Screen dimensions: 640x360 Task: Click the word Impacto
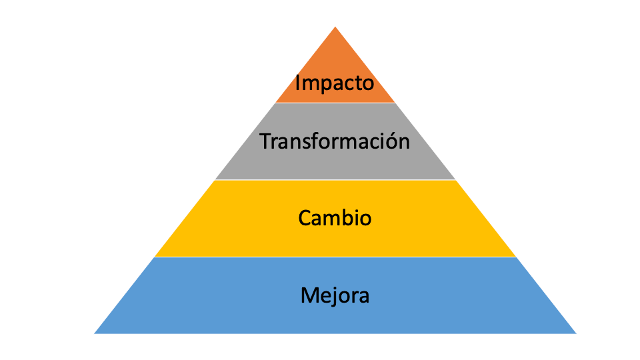[334, 83]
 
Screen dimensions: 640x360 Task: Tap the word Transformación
[335, 141]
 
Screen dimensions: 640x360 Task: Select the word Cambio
[335, 217]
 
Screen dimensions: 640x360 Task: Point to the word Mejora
[335, 295]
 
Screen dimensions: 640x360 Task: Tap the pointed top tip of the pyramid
[335, 27]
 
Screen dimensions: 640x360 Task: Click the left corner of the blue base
[94, 333]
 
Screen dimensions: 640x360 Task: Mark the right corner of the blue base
[576, 333]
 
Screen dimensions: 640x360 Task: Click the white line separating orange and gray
[335, 103]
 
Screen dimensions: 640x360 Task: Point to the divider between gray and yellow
[335, 179]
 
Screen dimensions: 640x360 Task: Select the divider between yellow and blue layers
[335, 257]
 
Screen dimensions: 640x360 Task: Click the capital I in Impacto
[297, 82]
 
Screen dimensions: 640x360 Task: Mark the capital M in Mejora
[310, 295]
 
